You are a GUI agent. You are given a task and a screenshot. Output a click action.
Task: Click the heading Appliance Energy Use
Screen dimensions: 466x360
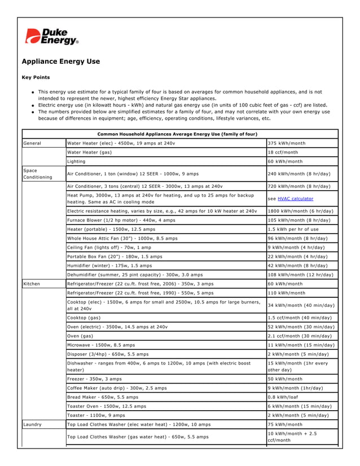(60, 61)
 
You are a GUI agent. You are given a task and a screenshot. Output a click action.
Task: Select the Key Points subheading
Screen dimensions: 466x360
(36, 77)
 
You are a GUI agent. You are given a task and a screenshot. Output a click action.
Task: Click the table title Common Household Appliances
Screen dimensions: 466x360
(177, 134)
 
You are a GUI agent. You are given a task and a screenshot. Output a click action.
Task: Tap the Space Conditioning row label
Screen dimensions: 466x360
(37, 173)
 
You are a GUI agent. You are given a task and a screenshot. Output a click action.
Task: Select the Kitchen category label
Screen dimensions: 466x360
(32, 284)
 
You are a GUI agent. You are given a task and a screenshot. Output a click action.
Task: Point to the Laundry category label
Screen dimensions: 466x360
(33, 424)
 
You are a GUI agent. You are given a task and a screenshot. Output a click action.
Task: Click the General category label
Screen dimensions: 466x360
(32, 143)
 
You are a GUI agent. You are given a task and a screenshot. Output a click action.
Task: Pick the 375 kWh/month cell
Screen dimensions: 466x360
(286, 143)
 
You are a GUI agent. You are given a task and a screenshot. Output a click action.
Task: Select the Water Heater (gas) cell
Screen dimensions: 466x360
(89, 152)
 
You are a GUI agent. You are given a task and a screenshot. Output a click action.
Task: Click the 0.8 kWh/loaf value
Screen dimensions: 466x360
(284, 397)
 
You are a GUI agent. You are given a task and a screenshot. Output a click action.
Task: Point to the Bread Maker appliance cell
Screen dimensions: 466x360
(103, 397)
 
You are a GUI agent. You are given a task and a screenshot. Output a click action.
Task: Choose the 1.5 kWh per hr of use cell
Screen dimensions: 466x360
(293, 229)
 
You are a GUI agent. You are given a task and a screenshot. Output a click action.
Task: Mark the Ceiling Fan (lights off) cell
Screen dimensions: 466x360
(109, 247)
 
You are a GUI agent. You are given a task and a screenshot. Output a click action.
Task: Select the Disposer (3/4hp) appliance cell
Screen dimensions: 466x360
(108, 354)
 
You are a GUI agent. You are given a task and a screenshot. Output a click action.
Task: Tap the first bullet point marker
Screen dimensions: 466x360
(34, 92)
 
